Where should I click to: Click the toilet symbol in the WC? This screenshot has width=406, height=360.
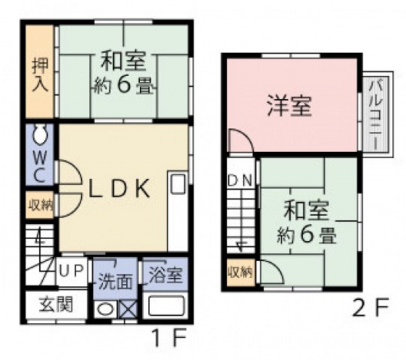tap(40, 135)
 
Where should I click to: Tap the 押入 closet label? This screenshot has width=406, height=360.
tap(40, 75)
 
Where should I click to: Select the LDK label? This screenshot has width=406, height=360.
tap(119, 188)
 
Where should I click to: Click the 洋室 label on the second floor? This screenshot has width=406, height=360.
tap(289, 106)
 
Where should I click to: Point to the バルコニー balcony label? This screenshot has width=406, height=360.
tap(376, 115)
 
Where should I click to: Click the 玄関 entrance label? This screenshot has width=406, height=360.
tap(55, 304)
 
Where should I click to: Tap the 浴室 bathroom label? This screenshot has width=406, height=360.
tap(167, 275)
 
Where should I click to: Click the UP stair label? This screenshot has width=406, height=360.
tap(71, 271)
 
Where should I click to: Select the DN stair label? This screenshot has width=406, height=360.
tap(240, 180)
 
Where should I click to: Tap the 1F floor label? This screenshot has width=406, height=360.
tap(170, 338)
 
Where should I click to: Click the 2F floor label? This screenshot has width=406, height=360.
tap(370, 307)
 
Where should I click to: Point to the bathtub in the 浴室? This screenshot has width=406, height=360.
tap(166, 306)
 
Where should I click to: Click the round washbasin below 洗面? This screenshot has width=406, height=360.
tap(104, 309)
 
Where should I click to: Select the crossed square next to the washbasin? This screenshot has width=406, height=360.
tap(128, 309)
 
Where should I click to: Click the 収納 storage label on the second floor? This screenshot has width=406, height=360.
tap(240, 272)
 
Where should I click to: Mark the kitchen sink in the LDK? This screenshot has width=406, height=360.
tap(178, 183)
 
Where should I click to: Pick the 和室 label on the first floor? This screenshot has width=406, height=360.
tap(123, 61)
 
